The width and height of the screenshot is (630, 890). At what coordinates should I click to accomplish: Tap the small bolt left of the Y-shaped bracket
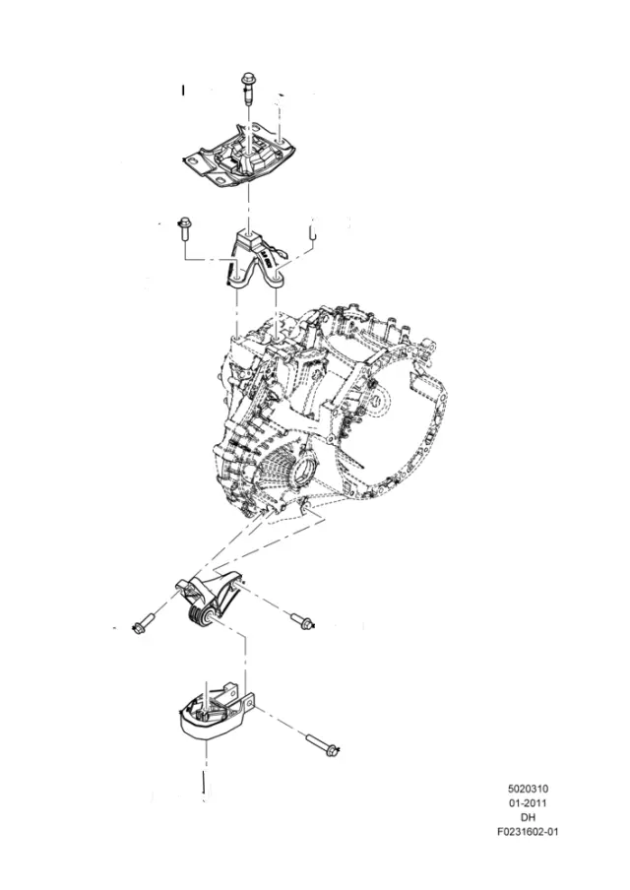[x=185, y=228]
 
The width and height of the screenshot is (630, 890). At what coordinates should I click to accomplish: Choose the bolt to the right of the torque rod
[x=302, y=621]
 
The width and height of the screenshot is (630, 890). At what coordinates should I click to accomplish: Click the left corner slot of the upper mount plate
[x=194, y=161]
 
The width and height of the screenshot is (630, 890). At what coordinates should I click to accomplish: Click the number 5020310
[x=528, y=789]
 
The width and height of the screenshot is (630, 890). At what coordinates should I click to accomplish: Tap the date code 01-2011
[x=528, y=803]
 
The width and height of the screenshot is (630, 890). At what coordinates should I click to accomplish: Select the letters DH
[x=528, y=817]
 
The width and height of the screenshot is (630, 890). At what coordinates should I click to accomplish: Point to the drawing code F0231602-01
[x=528, y=832]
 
